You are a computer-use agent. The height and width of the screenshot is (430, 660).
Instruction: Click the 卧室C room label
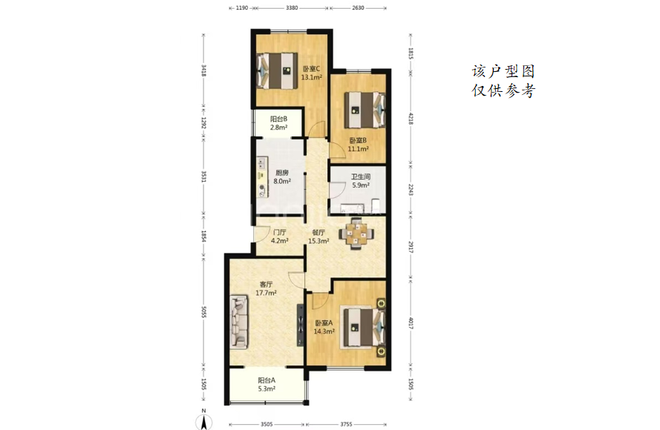tap(312, 69)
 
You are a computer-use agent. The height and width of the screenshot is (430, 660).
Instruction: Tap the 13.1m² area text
tap(312, 77)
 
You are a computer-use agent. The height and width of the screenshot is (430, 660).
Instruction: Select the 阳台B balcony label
tap(278, 119)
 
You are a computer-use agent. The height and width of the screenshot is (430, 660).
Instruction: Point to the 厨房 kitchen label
tap(282, 173)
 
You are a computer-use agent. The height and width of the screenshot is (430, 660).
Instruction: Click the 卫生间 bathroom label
tap(361, 177)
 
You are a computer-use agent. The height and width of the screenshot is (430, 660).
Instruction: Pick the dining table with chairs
tap(356, 234)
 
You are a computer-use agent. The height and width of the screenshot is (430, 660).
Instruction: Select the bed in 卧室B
tap(365, 110)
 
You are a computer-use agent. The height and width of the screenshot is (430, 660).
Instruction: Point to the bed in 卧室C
tap(276, 70)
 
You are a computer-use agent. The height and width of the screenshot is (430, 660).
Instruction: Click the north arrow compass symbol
tap(203, 420)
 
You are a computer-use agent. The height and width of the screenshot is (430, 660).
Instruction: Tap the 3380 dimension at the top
tap(292, 7)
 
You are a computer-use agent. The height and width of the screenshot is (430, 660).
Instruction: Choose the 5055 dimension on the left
tap(203, 311)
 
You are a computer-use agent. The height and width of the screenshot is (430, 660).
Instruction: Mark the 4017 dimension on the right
tap(411, 322)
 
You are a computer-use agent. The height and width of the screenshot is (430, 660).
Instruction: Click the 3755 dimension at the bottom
tap(346, 424)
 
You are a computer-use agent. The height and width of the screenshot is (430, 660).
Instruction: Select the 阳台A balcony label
tap(267, 380)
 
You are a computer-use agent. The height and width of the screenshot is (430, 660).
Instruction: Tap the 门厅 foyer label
tap(279, 233)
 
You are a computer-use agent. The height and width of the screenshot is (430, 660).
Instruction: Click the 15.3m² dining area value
tap(318, 241)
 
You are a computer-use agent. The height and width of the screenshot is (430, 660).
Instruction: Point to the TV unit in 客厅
tap(300, 325)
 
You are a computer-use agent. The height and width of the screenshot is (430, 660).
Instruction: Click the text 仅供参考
tap(503, 90)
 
